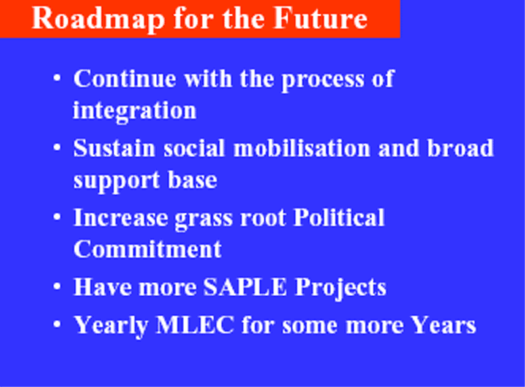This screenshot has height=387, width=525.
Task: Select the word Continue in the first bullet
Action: click(125, 78)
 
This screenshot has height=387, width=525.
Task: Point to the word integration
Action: click(135, 111)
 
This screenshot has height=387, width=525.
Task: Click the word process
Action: click(322, 80)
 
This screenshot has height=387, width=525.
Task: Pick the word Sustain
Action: click(114, 148)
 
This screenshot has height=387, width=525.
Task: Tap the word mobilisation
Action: click(302, 148)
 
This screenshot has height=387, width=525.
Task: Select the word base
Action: click(192, 180)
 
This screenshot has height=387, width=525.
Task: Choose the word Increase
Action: click(121, 218)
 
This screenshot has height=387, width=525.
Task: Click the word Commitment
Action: click(147, 249)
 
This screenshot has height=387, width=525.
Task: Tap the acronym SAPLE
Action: click(245, 287)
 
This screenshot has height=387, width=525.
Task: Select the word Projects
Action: click(341, 288)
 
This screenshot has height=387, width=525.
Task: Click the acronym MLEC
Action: click(195, 325)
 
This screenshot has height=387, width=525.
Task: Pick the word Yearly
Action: click(111, 326)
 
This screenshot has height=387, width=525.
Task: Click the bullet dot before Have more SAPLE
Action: click(57, 287)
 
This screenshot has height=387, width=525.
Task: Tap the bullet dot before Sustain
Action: click(57, 148)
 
